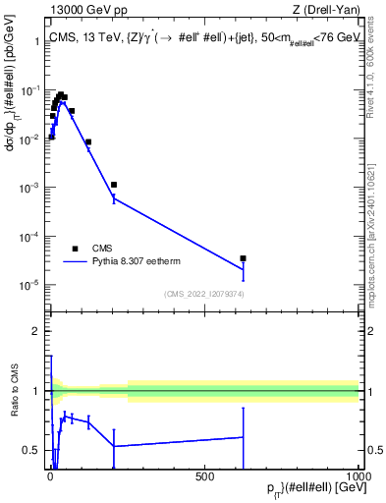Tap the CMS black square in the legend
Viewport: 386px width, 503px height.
75,249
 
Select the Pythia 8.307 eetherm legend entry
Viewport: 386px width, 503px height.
137,262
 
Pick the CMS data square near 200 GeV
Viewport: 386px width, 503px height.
114,185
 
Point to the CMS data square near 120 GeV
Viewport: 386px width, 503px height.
88,142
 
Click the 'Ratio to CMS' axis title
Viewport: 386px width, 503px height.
13,405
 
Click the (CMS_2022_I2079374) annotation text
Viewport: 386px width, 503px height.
203,293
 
